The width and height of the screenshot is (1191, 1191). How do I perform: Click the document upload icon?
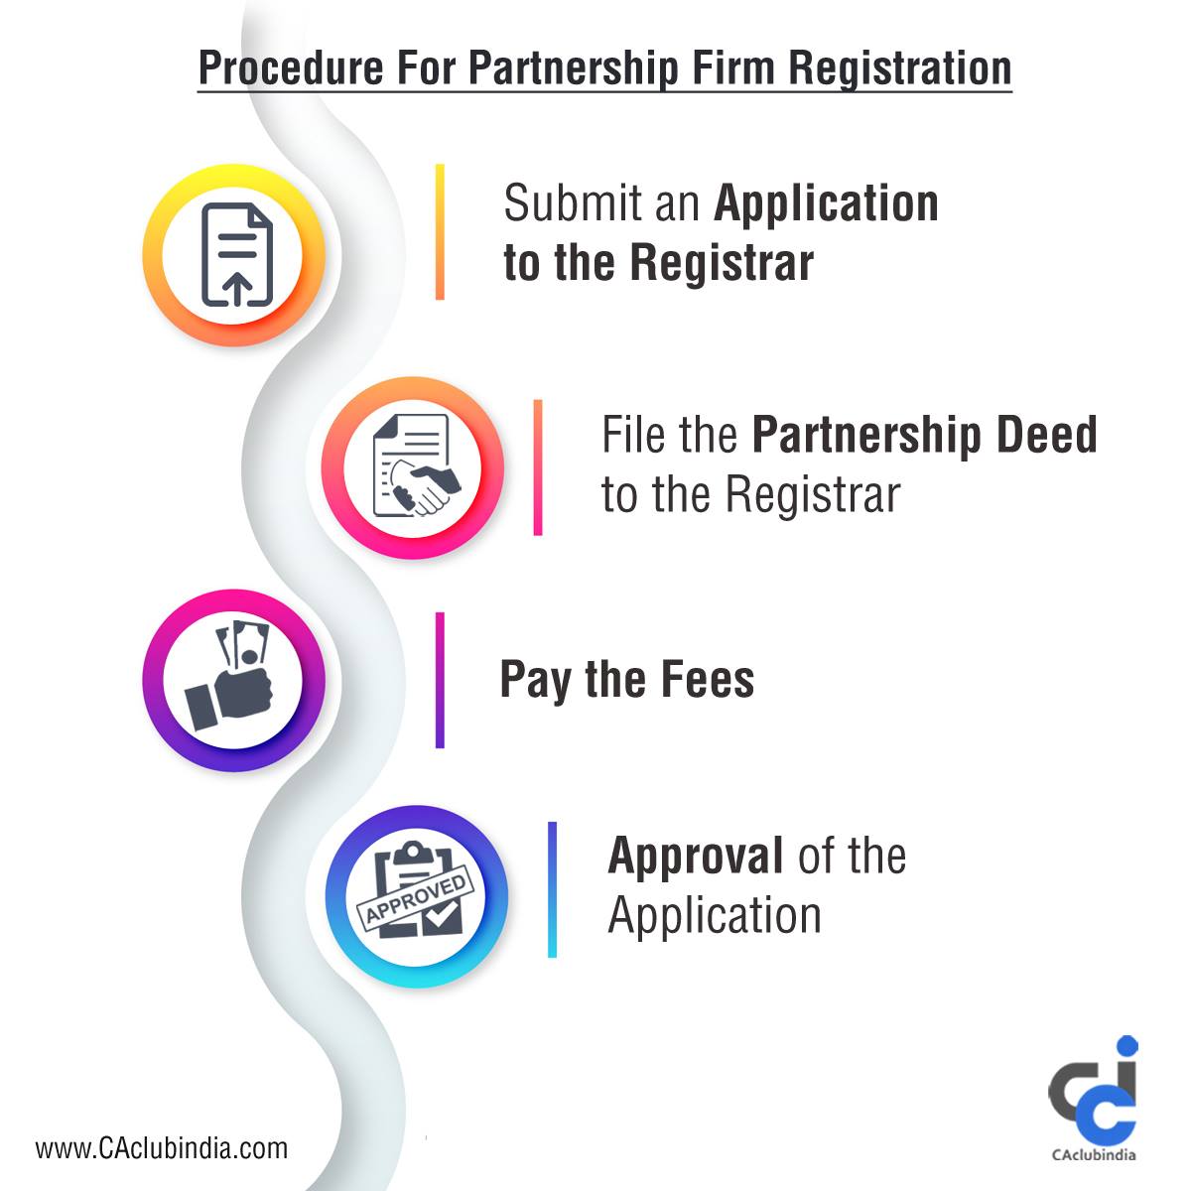237,254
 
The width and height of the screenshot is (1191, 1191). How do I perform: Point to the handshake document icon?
416,466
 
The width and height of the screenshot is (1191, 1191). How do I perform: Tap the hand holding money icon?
230,678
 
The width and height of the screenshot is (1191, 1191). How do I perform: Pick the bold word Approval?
696,858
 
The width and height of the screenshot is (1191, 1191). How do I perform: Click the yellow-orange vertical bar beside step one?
440,232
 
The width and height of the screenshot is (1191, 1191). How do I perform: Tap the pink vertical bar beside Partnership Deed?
538,467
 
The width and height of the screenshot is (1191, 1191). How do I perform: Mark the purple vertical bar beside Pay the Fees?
440,680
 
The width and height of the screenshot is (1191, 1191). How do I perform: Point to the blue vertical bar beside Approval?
552,889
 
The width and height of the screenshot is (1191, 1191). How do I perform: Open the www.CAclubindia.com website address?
162,1148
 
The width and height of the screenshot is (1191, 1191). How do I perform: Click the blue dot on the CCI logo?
1127,1046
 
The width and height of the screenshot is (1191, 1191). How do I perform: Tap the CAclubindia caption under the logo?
1094,1154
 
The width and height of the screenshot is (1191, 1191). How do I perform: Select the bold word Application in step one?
826,205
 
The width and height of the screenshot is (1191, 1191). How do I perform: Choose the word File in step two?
638,435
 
